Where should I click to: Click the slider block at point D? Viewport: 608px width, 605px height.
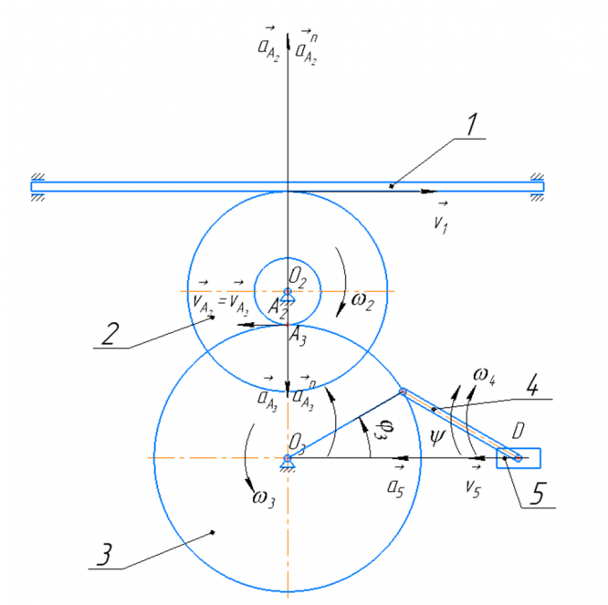point(519,457)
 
